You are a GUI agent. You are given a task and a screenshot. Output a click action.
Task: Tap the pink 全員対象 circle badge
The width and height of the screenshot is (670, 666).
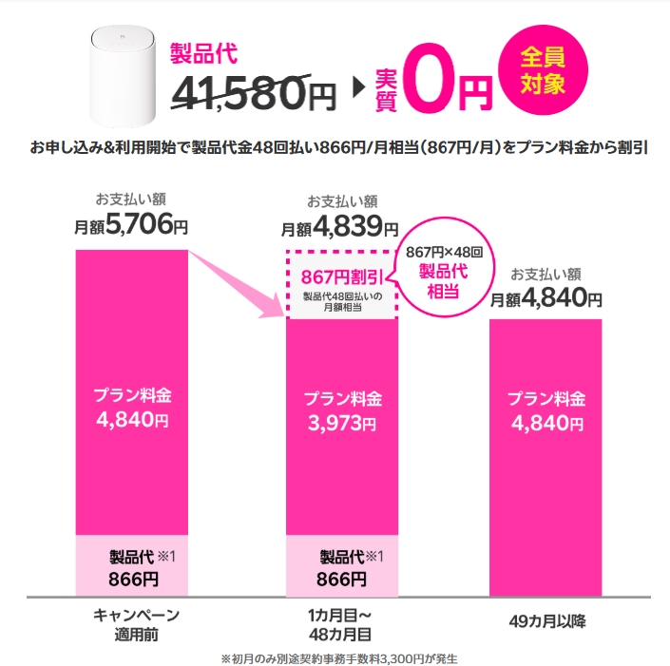click(543, 72)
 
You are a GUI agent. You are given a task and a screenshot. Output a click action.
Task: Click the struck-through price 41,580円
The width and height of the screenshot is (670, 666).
click(254, 90)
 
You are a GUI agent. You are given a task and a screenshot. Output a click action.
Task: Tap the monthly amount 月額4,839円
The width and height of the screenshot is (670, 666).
click(340, 227)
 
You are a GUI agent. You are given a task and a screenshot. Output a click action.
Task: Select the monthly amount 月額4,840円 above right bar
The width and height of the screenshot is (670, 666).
click(546, 298)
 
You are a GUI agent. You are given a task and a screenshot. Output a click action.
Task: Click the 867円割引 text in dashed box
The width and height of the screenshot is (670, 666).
click(341, 276)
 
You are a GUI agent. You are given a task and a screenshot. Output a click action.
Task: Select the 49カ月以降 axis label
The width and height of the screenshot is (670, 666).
click(547, 622)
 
